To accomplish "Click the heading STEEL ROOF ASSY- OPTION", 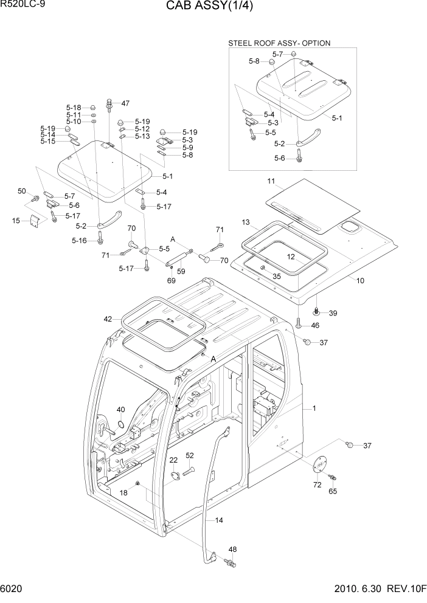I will (x=279, y=43).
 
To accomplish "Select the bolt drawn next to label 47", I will (x=110, y=105).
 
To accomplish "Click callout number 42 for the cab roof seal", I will (x=108, y=319).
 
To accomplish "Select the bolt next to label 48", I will (x=231, y=563).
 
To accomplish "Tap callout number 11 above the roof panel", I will (x=271, y=181).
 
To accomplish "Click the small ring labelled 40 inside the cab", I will (x=121, y=423).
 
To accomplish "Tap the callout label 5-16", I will (x=80, y=241).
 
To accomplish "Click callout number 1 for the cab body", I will (x=314, y=408).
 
